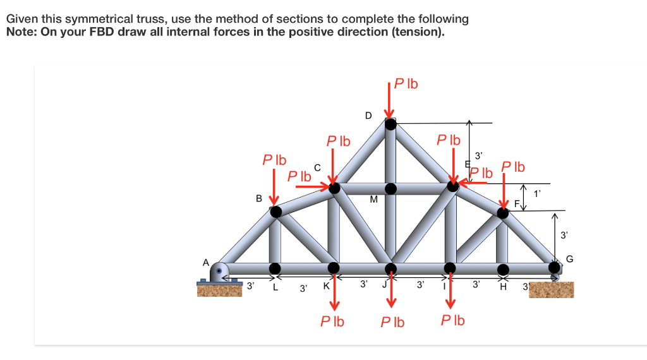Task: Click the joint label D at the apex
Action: pos(368,116)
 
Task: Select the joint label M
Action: pos(373,200)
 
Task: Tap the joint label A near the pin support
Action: pos(205,261)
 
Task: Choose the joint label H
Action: pos(504,287)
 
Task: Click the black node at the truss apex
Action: pos(391,124)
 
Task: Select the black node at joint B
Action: pos(276,212)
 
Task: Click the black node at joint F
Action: pos(503,212)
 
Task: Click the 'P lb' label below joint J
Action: pos(392,322)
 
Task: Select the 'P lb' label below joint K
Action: pos(332,321)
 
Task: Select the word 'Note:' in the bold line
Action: pos(21,32)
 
